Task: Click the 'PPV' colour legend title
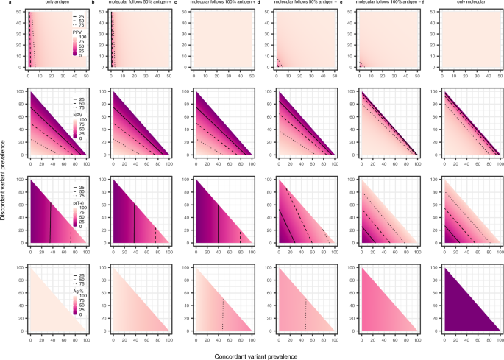point(77,32)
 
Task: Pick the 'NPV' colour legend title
point(77,116)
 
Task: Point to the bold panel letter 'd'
point(258,5)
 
